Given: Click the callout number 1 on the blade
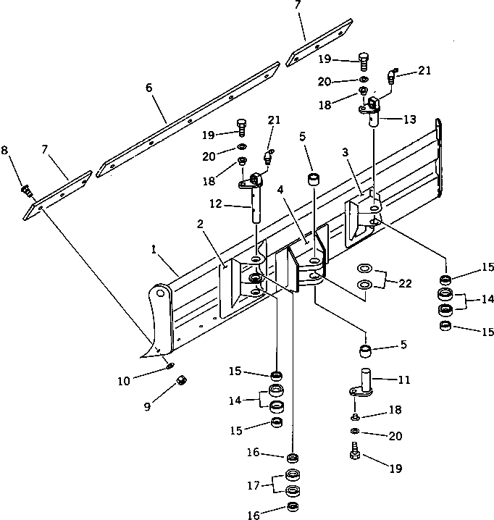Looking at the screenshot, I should coord(153,248).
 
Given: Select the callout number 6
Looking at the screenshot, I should coord(148,88).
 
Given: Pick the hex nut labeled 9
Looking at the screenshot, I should coord(183,378).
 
